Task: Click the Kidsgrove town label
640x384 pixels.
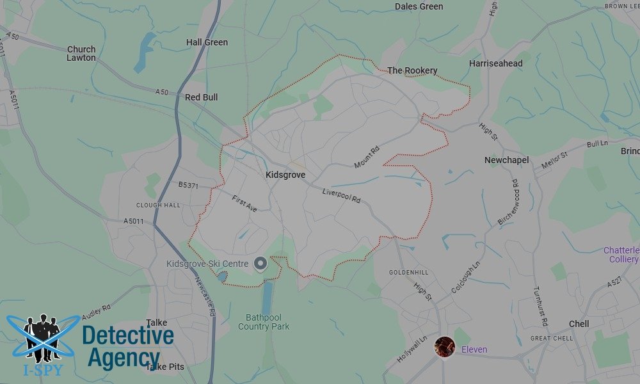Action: pyautogui.click(x=285, y=175)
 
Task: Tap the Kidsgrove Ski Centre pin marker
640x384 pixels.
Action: pyautogui.click(x=260, y=264)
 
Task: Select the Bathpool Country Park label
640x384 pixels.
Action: pyautogui.click(x=264, y=322)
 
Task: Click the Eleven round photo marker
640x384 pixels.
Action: pyautogui.click(x=445, y=347)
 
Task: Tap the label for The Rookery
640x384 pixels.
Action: pyautogui.click(x=413, y=70)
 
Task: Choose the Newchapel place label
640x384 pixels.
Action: pyautogui.click(x=507, y=159)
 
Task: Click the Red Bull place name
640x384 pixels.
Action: pyautogui.click(x=201, y=97)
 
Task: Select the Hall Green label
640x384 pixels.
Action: pyautogui.click(x=207, y=42)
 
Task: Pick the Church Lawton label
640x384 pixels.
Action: pyautogui.click(x=81, y=53)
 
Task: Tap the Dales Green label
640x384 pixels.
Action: pyautogui.click(x=419, y=6)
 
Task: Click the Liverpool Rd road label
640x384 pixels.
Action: pyautogui.click(x=342, y=195)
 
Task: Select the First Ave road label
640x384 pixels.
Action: pyautogui.click(x=244, y=204)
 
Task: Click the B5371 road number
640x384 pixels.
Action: pyautogui.click(x=189, y=185)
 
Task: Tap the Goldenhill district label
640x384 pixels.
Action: pyautogui.click(x=408, y=273)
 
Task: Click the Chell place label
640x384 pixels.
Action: pyautogui.click(x=579, y=324)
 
